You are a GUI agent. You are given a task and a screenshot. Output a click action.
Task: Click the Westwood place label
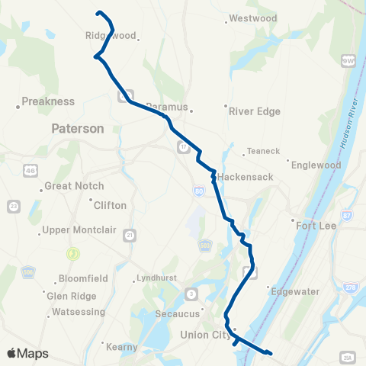tap(252, 18)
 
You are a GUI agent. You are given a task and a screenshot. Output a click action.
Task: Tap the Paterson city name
tap(77, 129)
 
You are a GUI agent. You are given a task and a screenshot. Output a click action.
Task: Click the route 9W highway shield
tap(350, 59)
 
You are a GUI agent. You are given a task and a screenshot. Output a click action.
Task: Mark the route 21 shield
tap(130, 234)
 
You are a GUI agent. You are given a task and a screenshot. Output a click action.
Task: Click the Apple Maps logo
tap(27, 353)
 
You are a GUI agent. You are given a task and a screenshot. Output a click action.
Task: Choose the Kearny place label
tap(122, 346)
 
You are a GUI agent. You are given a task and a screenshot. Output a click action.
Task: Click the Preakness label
tap(48, 101)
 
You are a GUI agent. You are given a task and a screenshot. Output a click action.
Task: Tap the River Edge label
tap(255, 111)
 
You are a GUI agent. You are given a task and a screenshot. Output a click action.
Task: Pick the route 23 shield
tap(13, 207)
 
